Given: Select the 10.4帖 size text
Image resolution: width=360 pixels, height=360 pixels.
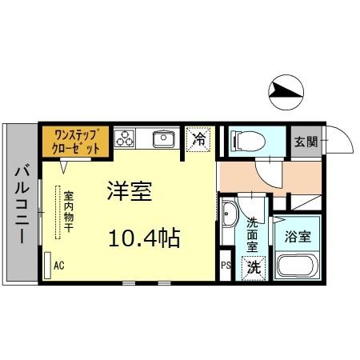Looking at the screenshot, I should (x=145, y=237).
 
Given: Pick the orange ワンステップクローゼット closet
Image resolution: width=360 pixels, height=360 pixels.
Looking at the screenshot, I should (x=72, y=141).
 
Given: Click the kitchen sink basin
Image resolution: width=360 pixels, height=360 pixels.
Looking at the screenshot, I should (x=164, y=139).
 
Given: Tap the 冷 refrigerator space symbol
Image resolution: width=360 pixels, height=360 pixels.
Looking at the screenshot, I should (x=200, y=139).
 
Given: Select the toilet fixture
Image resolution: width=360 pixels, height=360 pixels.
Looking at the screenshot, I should (x=244, y=142).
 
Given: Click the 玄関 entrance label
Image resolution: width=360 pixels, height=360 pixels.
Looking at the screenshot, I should (x=305, y=142).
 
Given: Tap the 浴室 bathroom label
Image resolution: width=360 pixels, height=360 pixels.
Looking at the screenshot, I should (x=298, y=238).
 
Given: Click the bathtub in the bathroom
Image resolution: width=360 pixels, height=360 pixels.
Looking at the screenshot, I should (x=298, y=266).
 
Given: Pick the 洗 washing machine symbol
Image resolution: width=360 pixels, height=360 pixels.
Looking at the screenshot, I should (x=253, y=267).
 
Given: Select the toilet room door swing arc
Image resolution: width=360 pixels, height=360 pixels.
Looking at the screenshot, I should (x=270, y=169).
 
